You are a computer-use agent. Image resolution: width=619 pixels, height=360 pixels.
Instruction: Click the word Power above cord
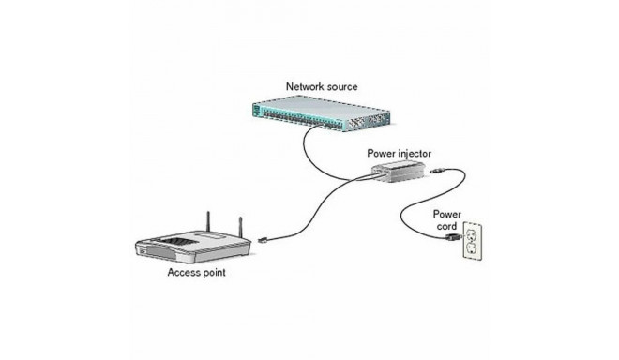(445, 214)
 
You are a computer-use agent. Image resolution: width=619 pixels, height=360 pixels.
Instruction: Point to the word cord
(445, 226)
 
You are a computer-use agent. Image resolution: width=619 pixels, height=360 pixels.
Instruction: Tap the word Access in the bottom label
(185, 275)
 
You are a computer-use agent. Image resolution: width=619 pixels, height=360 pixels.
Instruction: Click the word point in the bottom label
(218, 275)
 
